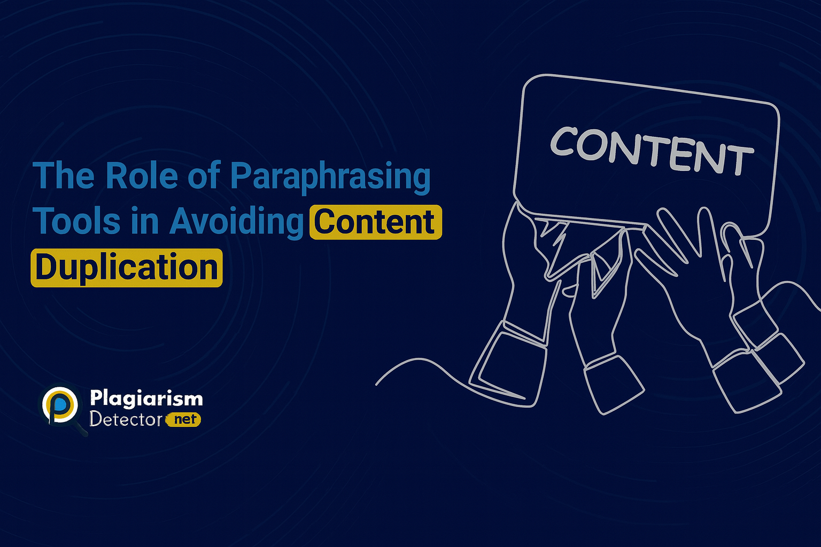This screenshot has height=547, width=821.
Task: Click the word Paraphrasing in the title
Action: click(330, 178)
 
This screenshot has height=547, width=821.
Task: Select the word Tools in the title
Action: click(77, 220)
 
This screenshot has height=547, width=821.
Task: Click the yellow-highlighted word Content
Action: click(376, 222)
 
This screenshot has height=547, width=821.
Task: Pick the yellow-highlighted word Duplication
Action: click(127, 268)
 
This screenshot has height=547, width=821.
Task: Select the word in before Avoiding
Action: click(145, 220)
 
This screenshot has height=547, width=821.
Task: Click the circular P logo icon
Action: click(60, 405)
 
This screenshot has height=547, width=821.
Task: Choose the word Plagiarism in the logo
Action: click(146, 398)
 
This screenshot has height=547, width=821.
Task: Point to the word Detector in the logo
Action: click(126, 419)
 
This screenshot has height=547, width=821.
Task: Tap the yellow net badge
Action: click(184, 419)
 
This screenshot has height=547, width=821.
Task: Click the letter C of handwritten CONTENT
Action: click(563, 140)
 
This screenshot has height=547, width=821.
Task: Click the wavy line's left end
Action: click(376, 385)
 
